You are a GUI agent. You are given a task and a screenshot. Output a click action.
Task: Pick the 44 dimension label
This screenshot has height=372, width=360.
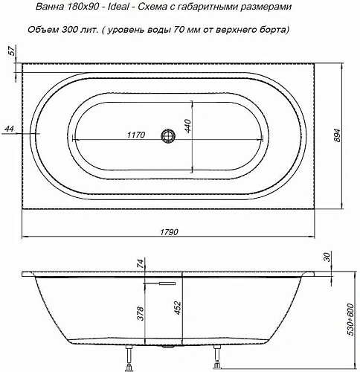9,129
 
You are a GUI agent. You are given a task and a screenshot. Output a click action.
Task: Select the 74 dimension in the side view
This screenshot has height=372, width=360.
139,266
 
